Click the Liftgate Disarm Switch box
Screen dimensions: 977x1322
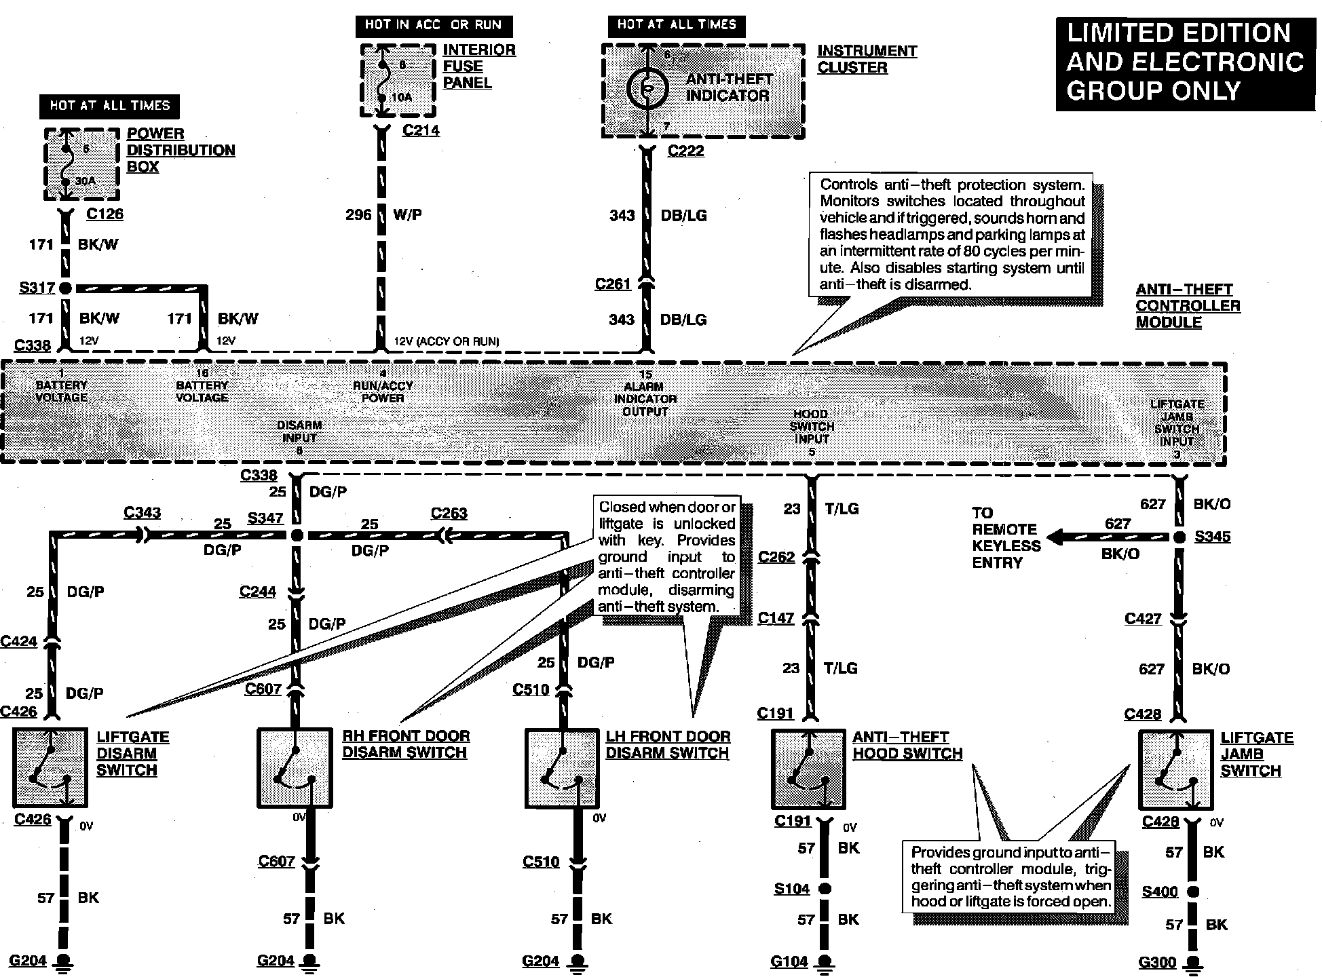tap(50, 767)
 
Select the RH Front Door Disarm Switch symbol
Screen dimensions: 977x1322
tap(295, 767)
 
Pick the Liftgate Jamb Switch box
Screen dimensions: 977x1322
tap(1175, 769)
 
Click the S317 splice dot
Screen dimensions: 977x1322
tap(65, 288)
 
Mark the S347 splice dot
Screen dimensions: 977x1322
tap(297, 535)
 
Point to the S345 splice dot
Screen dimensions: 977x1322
tap(1180, 537)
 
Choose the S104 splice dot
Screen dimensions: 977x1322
tap(824, 888)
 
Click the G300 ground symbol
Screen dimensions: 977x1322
tap(1192, 963)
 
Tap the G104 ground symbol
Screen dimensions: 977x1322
tap(824, 962)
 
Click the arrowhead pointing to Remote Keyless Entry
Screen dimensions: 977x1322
tap(1053, 538)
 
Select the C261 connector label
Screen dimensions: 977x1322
tap(613, 284)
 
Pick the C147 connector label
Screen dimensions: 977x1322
tap(776, 617)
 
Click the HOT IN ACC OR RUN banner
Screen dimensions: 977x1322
tap(434, 26)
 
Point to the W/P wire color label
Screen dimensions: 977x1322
tap(407, 215)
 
